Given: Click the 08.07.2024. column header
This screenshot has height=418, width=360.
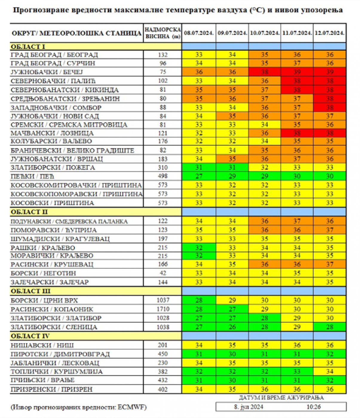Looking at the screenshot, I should [x=199, y=33].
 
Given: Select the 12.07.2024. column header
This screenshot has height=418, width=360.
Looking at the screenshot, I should [x=330, y=33].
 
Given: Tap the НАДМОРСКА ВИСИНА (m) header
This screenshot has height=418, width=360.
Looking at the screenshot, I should [x=163, y=33].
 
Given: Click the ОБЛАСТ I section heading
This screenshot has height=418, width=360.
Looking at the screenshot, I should [x=28, y=47].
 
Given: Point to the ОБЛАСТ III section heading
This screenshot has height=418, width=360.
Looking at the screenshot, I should [x=30, y=291].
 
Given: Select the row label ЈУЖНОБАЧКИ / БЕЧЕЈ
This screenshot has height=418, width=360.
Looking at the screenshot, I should [x=47, y=72].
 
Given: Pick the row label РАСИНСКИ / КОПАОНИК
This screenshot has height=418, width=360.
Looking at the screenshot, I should [x=52, y=309].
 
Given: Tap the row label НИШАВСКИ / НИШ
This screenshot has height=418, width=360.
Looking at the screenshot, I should [x=42, y=345].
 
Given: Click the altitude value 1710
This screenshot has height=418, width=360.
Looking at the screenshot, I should [x=163, y=309].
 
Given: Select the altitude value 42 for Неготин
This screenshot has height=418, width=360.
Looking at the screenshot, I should [x=163, y=273].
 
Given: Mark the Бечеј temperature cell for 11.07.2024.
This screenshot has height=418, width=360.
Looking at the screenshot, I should [x=297, y=72].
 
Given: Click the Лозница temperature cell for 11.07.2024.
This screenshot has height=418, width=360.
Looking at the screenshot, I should [x=297, y=133].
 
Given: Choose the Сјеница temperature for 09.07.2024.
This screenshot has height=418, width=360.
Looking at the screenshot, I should [x=232, y=327].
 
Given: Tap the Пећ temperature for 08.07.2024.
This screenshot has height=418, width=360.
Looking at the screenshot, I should [x=199, y=176].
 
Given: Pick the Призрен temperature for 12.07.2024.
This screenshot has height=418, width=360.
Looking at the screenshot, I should [x=330, y=389].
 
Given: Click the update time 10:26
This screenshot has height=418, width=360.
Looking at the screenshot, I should [x=313, y=407].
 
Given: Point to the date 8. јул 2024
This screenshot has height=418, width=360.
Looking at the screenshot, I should [x=249, y=407].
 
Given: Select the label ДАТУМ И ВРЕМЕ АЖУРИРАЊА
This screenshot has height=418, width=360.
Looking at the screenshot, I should [x=281, y=398].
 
